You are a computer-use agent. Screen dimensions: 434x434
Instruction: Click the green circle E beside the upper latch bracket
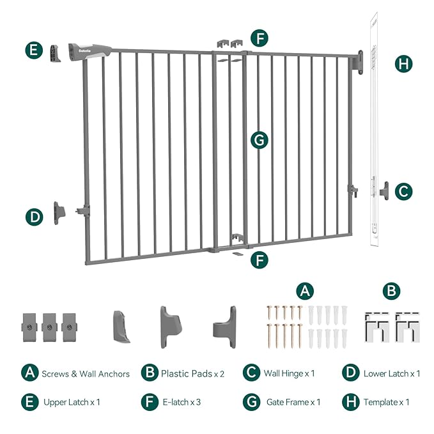35,50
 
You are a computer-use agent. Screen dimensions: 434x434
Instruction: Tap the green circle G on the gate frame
259,140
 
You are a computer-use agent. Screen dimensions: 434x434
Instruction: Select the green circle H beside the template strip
403,63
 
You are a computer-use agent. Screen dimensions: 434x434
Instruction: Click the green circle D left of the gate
35,217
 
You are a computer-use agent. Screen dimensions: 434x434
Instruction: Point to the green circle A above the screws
306,291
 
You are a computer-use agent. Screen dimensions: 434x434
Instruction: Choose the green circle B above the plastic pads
392,291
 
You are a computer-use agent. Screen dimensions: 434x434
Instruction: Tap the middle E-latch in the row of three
50,326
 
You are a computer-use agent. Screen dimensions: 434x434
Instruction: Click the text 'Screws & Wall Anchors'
85,373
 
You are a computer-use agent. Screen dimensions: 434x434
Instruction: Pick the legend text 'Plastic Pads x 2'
192,373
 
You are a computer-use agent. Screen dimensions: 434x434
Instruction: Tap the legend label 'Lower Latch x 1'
392,373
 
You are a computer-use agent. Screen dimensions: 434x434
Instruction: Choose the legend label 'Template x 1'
386,402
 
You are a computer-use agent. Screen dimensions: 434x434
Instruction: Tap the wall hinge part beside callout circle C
384,190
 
